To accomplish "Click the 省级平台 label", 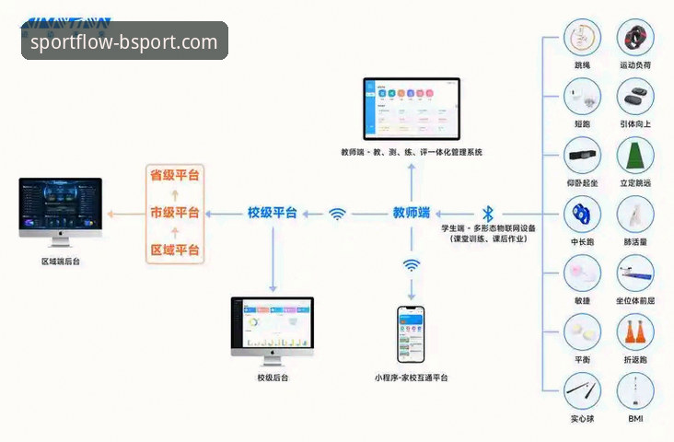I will tap(175, 175).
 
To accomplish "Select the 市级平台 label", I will tap(175, 213).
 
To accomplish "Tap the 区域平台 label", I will tap(175, 250).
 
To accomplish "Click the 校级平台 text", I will tap(272, 213).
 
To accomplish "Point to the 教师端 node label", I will tap(412, 213).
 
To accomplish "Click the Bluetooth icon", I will tap(488, 213).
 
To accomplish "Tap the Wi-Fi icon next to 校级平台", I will tap(338, 214).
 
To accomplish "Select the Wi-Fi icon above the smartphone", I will tap(412, 265).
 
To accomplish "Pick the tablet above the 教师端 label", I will tap(411, 108).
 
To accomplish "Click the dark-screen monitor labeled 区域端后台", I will tap(58, 210).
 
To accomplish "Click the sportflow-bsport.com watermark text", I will tap(124, 41).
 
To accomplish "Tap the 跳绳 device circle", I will tap(583, 39).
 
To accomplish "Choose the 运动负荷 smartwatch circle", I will tap(635, 39).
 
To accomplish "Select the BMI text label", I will tap(635, 419).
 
